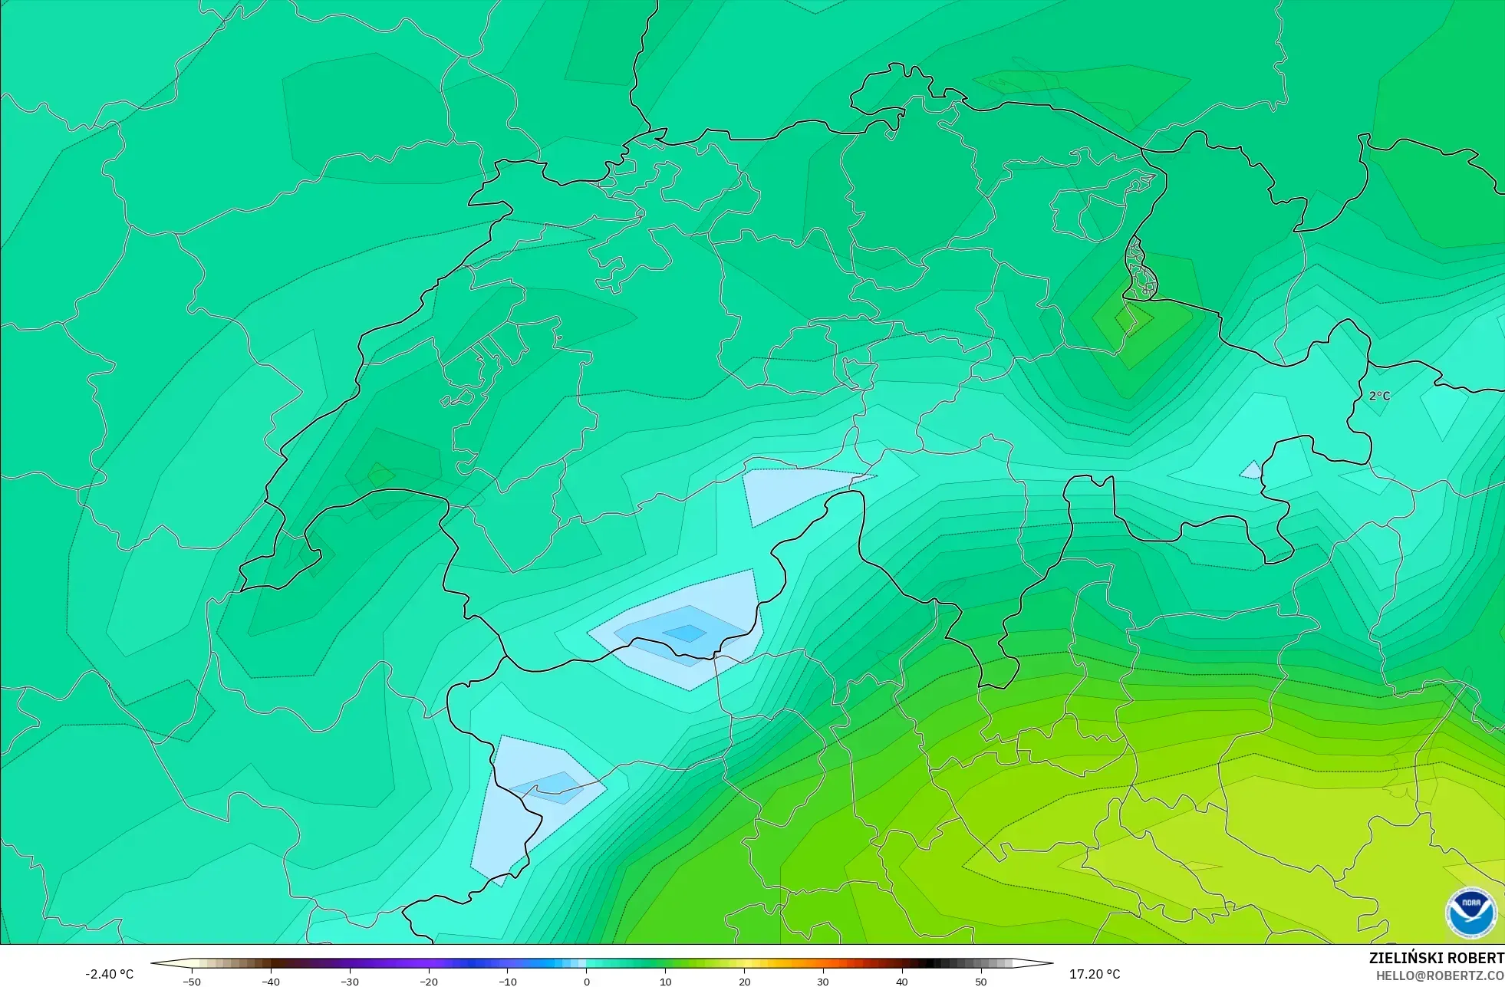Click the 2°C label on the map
pos(1379,396)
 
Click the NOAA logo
pos(1470,912)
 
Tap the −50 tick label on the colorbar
pos(192,982)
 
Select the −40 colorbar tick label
pos(271,982)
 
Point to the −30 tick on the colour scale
pos(350,982)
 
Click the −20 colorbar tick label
pos(429,982)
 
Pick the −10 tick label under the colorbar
pos(508,982)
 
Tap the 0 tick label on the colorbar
pos(587,982)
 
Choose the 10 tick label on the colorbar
pos(666,982)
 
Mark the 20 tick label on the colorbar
pos(744,982)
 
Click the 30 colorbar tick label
pos(823,982)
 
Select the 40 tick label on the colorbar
pos(902,982)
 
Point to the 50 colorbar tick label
pos(981,982)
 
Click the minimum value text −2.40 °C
pos(109,974)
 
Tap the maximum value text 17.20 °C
pos(1095,974)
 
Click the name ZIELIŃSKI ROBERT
pos(1436,958)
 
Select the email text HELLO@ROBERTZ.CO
pos(1439,975)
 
